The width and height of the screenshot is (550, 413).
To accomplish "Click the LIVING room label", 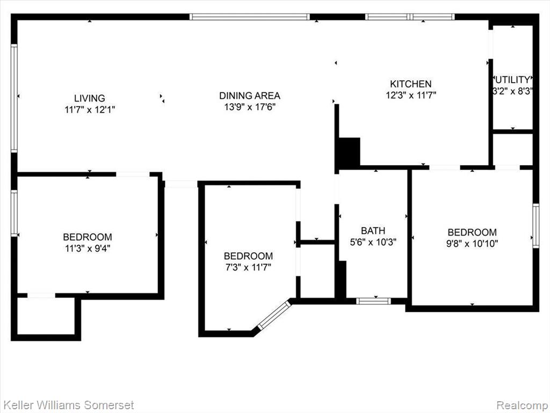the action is pos(90,98).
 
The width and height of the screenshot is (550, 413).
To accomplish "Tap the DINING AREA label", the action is pos(250,96).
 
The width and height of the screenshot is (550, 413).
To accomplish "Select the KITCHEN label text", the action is pos(411,84).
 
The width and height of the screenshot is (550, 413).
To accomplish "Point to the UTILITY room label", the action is pos(513,80).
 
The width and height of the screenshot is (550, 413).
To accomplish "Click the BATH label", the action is pos(373,231).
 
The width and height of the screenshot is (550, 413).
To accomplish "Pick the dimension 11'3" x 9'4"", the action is pos(88,248).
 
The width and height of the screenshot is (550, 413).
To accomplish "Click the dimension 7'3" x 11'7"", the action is pos(248,267).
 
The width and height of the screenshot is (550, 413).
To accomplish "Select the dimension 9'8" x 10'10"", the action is pos(472,244).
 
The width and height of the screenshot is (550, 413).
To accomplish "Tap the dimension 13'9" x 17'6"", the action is pos(250,107).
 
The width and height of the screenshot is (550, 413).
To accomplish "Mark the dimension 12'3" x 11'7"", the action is pos(411,95).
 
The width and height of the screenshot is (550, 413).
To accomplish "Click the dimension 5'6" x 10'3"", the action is pos(373,242).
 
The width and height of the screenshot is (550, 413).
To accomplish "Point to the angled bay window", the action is pos(274,315).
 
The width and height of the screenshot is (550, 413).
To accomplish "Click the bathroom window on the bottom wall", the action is pos(373,301).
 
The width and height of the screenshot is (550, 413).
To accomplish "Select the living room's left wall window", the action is pos(14,98).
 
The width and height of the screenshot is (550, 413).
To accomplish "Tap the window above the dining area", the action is pos(250,17).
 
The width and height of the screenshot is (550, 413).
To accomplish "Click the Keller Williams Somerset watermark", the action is pos(68,405).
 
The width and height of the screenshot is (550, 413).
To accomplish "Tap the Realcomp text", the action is pos(523,405).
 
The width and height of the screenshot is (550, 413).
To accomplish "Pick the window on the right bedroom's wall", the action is pos(535,226).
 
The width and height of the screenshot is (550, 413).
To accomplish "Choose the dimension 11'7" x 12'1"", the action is pos(90,110).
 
